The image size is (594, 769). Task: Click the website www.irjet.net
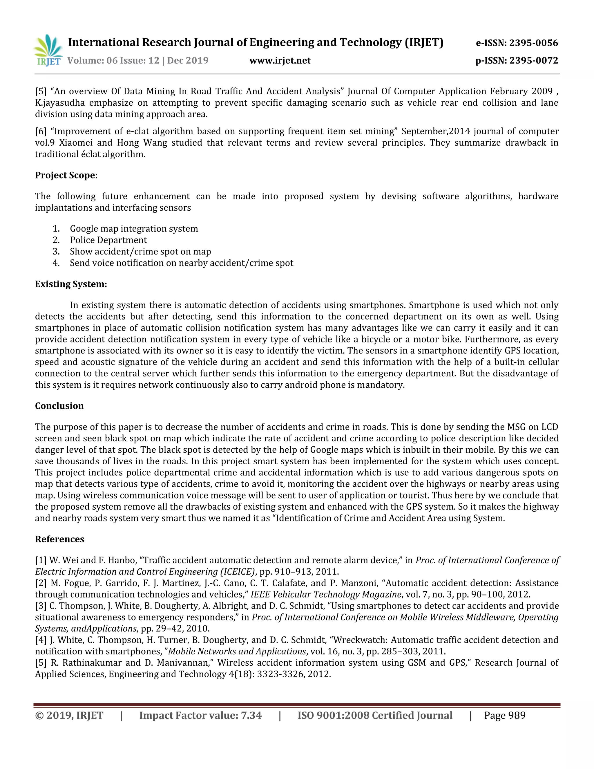click(280, 61)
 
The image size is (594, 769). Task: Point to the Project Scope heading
click(66, 175)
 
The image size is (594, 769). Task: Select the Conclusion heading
click(59, 406)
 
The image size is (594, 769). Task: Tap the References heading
click(59, 539)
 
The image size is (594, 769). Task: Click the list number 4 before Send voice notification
click(56, 263)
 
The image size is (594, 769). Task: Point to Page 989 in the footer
click(504, 715)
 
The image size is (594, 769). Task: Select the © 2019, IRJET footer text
click(69, 715)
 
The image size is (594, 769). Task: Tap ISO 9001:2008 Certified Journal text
click(375, 715)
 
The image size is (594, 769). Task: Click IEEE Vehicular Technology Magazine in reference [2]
click(326, 594)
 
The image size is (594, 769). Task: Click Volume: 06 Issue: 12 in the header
click(113, 61)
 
